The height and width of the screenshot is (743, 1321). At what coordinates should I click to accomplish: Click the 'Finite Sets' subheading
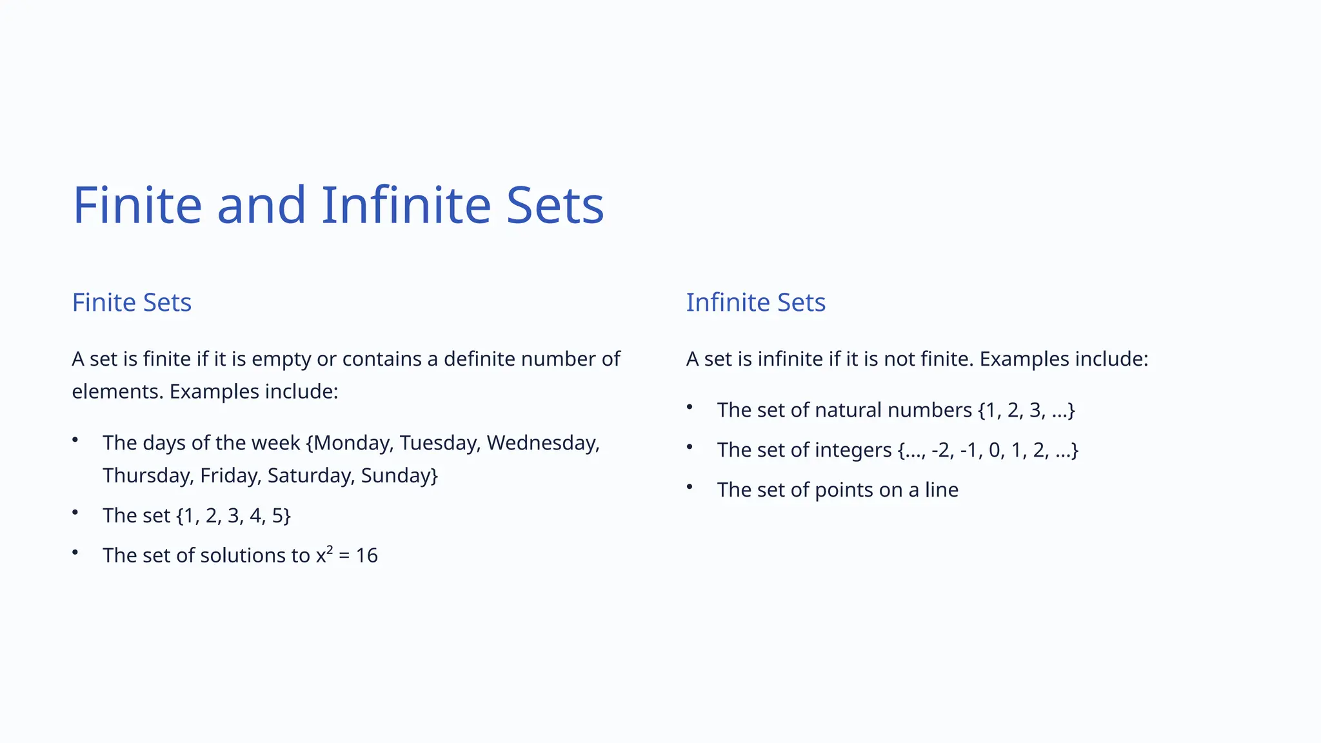pyautogui.click(x=132, y=302)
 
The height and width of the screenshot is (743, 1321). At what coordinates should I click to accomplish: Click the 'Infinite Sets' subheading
pyautogui.click(x=755, y=302)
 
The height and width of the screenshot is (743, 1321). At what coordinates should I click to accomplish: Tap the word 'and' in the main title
pyautogui.click(x=261, y=205)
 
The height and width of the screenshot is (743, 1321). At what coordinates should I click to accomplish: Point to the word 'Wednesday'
pyautogui.click(x=542, y=443)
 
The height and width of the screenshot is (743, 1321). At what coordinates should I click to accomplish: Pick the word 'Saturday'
pyautogui.click(x=309, y=475)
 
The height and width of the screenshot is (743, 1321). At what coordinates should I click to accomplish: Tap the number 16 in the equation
pyautogui.click(x=366, y=555)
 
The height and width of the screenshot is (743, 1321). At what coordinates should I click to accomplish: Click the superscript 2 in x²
pyautogui.click(x=330, y=550)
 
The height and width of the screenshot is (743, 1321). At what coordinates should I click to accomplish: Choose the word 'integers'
pyautogui.click(x=853, y=450)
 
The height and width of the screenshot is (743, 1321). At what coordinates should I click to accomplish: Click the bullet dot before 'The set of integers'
pyautogui.click(x=690, y=447)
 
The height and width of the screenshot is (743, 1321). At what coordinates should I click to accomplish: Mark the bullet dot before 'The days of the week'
pyautogui.click(x=75, y=440)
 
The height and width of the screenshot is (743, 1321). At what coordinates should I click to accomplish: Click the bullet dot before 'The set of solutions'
pyautogui.click(x=75, y=552)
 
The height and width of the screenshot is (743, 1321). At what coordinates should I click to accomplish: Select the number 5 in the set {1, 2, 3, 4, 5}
pyautogui.click(x=277, y=515)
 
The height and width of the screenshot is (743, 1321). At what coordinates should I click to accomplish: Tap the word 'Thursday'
pyautogui.click(x=148, y=475)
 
